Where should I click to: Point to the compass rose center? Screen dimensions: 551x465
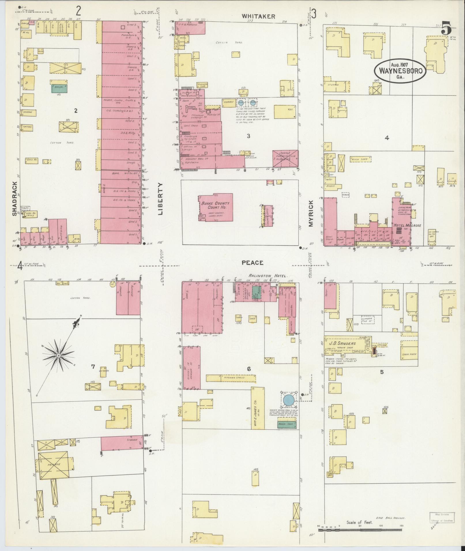[x=59, y=356]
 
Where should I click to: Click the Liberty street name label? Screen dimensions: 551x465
[x=160, y=199]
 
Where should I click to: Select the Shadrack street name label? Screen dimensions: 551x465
[x=15, y=198]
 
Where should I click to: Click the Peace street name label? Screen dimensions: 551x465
[x=253, y=263]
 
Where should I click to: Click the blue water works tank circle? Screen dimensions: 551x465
[x=289, y=400]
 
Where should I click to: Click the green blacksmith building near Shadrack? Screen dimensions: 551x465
[x=59, y=88]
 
